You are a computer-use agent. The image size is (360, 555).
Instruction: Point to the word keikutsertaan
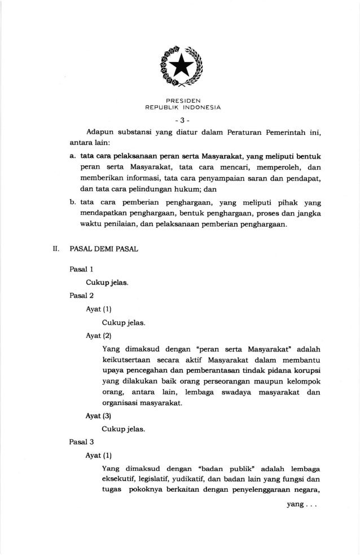(126, 360)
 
